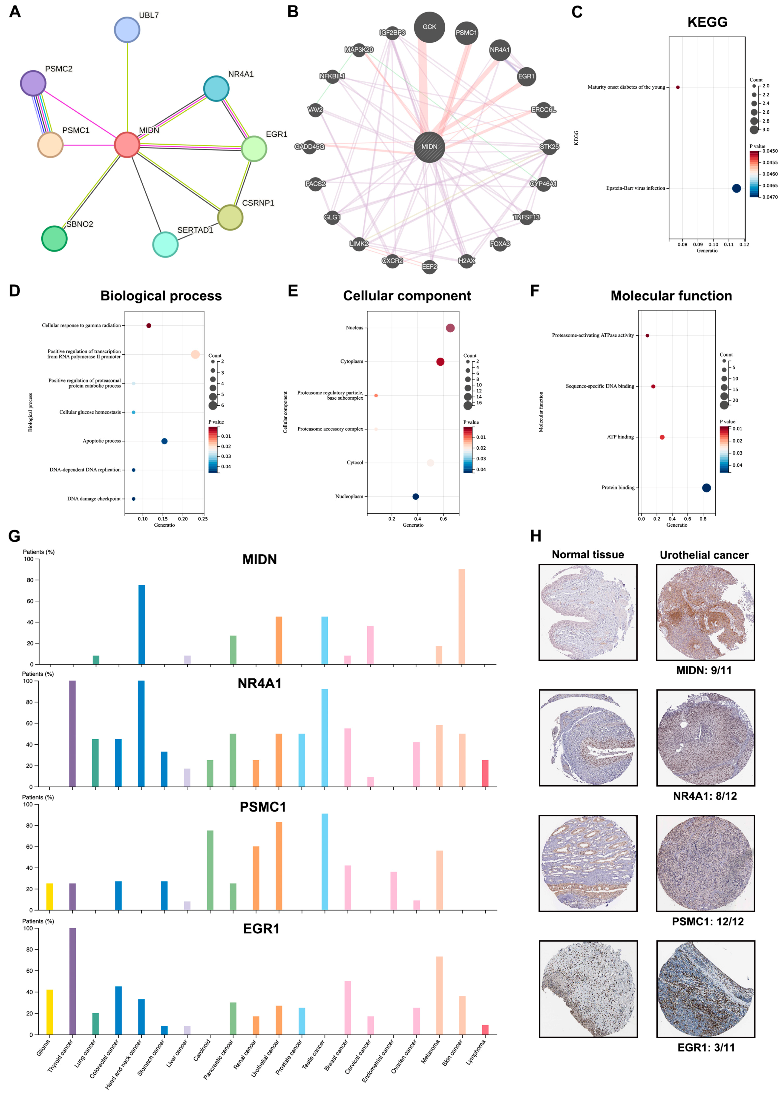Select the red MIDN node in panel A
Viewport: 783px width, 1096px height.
127,145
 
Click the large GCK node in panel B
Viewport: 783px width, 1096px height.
429,27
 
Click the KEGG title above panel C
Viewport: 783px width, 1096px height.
707,22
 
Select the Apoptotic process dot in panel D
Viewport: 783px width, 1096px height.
164,441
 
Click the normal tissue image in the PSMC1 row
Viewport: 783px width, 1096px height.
588,863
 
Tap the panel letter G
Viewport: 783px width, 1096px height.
14,536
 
